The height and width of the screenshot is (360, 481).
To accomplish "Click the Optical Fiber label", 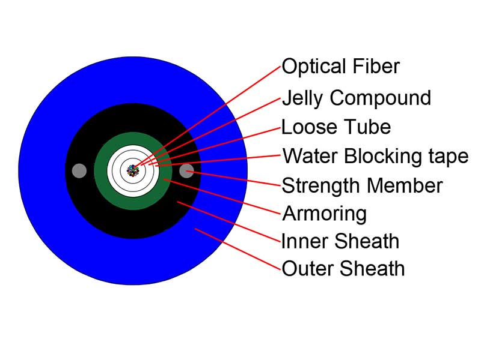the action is pyautogui.click(x=340, y=66).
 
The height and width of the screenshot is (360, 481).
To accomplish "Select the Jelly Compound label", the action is pyautogui.click(x=357, y=98).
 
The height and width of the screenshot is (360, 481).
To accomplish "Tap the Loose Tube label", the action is pyautogui.click(x=336, y=127).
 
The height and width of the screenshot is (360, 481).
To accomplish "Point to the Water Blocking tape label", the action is pyautogui.click(x=375, y=156).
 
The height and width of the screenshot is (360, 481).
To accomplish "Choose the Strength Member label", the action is pyautogui.click(x=362, y=185).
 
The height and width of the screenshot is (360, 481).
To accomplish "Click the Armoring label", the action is pyautogui.click(x=324, y=214).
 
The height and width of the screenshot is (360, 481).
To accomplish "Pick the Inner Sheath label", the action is pyautogui.click(x=340, y=241).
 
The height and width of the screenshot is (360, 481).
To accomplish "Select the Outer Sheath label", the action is pyautogui.click(x=343, y=268).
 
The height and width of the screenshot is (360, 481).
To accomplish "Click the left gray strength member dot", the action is pyautogui.click(x=79, y=171).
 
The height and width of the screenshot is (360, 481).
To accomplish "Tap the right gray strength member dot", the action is pyautogui.click(x=186, y=171).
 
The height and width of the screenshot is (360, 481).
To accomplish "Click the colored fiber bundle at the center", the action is pyautogui.click(x=133, y=171).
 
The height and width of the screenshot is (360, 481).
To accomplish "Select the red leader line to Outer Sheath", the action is pyautogui.click(x=238, y=249).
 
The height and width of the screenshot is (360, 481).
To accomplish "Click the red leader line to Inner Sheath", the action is pyautogui.click(x=229, y=221).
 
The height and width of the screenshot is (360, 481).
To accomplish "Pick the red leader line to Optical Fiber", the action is pyautogui.click(x=207, y=116).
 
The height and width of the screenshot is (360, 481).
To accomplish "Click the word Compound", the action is pyautogui.click(x=381, y=98).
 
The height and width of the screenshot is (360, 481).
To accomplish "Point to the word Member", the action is pyautogui.click(x=405, y=185).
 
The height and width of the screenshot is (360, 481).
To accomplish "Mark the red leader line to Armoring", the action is pyautogui.click(x=222, y=196).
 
